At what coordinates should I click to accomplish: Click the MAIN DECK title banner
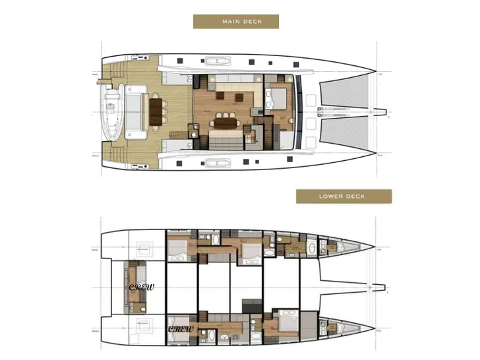(x=235, y=22)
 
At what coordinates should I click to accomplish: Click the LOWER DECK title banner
(x=344, y=196)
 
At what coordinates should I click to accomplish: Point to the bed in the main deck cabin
(x=276, y=99)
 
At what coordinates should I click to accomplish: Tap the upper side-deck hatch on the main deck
(x=214, y=62)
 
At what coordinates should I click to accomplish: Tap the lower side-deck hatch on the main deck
(x=214, y=162)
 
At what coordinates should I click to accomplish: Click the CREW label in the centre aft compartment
(x=140, y=287)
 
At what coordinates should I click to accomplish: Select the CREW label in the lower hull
(x=180, y=328)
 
